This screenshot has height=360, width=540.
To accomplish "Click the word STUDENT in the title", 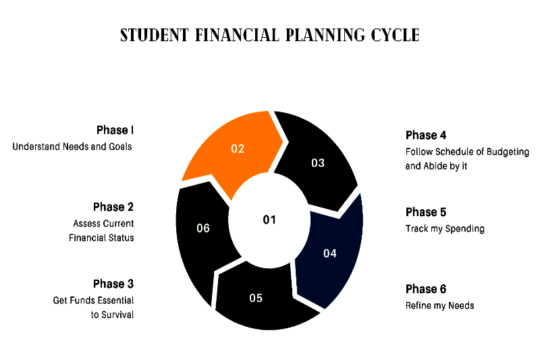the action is click(x=155, y=35).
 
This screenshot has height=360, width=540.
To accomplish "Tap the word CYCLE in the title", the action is click(x=395, y=35).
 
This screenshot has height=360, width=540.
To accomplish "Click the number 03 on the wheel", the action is click(x=318, y=163).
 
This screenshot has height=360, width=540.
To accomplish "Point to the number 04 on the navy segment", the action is click(x=330, y=253).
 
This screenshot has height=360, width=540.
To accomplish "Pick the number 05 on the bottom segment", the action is click(x=256, y=298).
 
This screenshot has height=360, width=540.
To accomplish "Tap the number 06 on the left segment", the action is click(x=203, y=228).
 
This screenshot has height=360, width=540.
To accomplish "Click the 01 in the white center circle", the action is click(x=269, y=220).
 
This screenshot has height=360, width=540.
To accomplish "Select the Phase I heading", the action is click(x=115, y=130).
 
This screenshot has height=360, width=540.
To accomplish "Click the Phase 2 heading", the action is click(x=113, y=207).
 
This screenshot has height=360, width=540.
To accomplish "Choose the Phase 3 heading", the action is click(x=113, y=284).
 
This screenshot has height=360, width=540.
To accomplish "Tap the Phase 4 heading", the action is click(x=426, y=135).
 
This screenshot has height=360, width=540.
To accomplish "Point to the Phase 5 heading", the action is click(x=426, y=212).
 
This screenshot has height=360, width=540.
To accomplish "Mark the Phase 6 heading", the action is click(x=426, y=289).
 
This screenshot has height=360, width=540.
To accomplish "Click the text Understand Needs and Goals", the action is click(x=72, y=147).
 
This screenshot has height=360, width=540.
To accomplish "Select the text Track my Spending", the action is click(x=445, y=229).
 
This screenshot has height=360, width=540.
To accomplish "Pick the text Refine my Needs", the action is click(x=440, y=305).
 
